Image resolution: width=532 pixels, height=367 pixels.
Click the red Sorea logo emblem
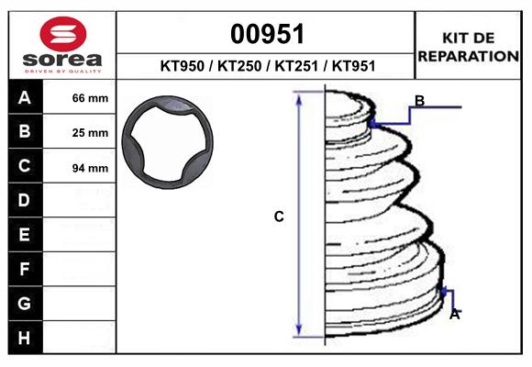pos(63,34)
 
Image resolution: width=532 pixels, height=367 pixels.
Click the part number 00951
pos(267,34)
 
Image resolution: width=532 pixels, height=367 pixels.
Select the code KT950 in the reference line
pos(183,66)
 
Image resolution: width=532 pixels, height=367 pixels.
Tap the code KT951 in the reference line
pos(353,66)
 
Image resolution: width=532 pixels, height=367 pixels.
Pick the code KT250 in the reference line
pos(239,66)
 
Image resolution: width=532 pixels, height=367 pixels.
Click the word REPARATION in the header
pos(468,56)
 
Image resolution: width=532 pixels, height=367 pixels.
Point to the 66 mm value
pos(90,98)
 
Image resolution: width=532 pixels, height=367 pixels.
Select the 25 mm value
pos(90,133)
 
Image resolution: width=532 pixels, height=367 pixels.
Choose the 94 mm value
pos(90,168)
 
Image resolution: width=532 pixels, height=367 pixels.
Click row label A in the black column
pos(25,98)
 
